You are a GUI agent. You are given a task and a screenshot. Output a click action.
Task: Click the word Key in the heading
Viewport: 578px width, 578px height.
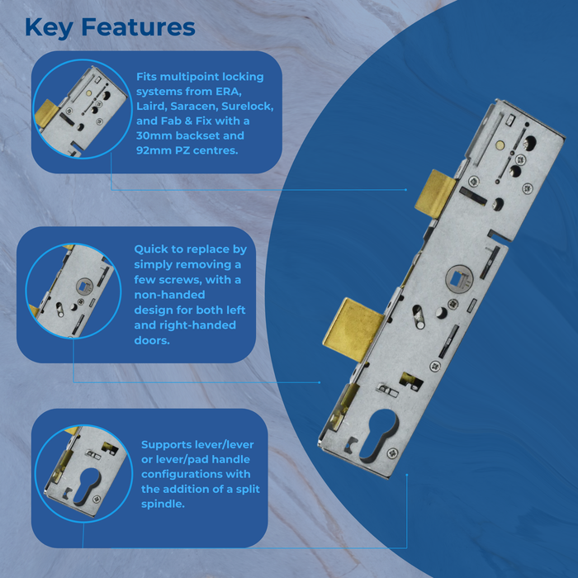click(x=49, y=28)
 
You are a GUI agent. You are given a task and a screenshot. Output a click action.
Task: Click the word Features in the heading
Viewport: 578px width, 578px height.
click(x=138, y=27)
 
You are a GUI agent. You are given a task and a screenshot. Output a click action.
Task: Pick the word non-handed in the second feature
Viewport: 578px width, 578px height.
click(x=169, y=295)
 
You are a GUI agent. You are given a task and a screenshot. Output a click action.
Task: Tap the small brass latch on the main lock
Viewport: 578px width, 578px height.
click(x=435, y=193)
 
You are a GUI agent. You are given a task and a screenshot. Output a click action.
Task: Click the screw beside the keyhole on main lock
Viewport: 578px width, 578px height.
click(x=393, y=452)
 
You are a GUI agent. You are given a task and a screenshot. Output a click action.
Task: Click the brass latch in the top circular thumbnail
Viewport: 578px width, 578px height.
click(x=46, y=113)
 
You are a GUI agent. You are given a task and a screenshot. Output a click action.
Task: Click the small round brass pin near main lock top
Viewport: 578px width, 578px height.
click(x=500, y=145)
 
